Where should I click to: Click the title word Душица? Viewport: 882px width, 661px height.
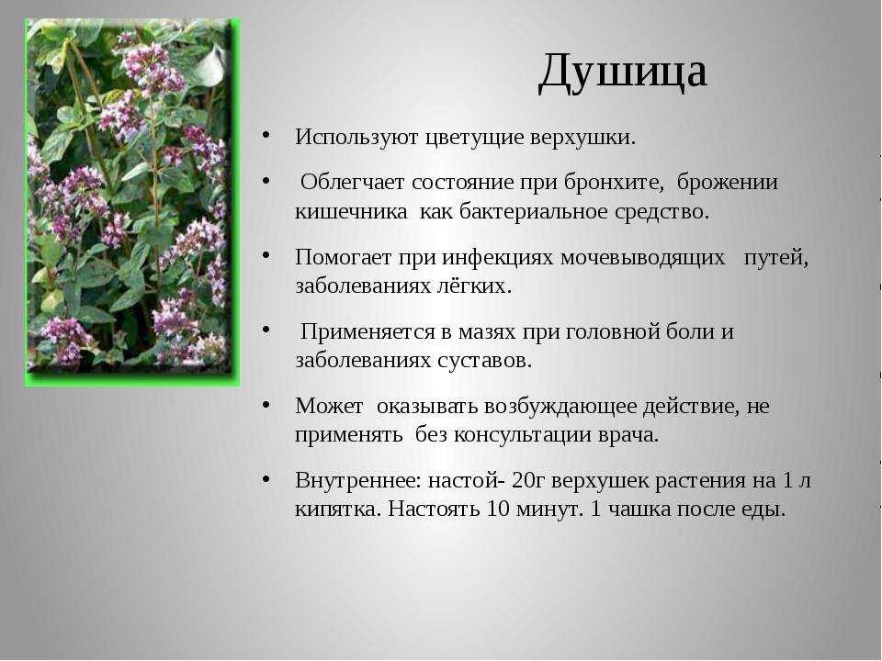tap(622, 72)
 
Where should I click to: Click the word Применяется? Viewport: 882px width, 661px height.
tap(367, 331)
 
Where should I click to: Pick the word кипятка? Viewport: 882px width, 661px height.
tap(339, 510)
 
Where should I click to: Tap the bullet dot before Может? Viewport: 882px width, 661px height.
tap(266, 404)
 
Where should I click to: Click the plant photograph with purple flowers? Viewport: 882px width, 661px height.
tap(131, 202)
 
